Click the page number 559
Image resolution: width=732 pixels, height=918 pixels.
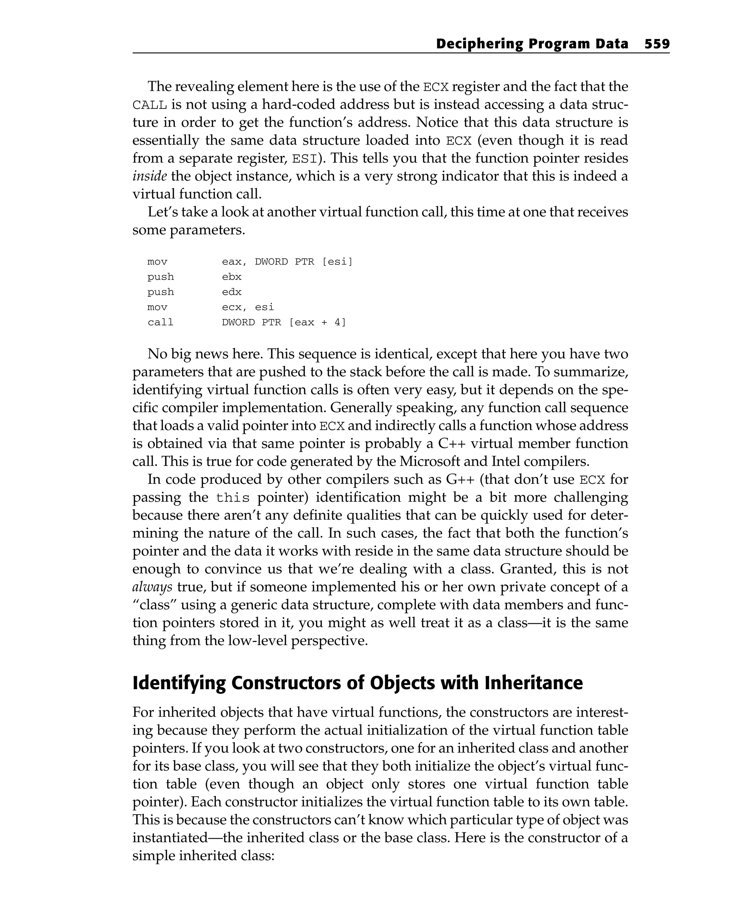click(657, 44)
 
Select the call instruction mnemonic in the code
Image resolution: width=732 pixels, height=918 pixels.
click(160, 322)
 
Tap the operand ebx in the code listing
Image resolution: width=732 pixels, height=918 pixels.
click(232, 277)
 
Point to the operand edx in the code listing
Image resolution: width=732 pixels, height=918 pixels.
click(232, 292)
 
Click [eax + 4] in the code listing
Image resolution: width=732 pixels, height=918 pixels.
click(317, 322)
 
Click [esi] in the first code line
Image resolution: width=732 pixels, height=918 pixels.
click(337, 261)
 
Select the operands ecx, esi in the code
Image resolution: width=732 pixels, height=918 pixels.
click(248, 307)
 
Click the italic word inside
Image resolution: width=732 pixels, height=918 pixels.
click(149, 176)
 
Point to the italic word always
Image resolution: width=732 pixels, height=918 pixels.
click(152, 587)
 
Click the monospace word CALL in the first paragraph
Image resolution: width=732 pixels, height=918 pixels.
click(149, 105)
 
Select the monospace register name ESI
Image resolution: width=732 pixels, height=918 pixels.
click(304, 159)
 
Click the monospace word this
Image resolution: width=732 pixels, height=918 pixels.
click(232, 498)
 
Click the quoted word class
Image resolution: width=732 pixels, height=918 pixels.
click(152, 605)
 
